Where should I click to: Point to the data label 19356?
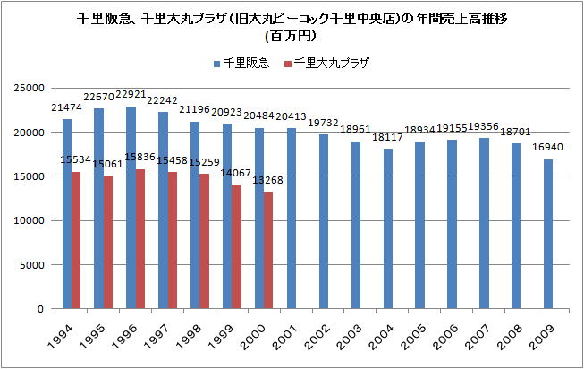[484, 127]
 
